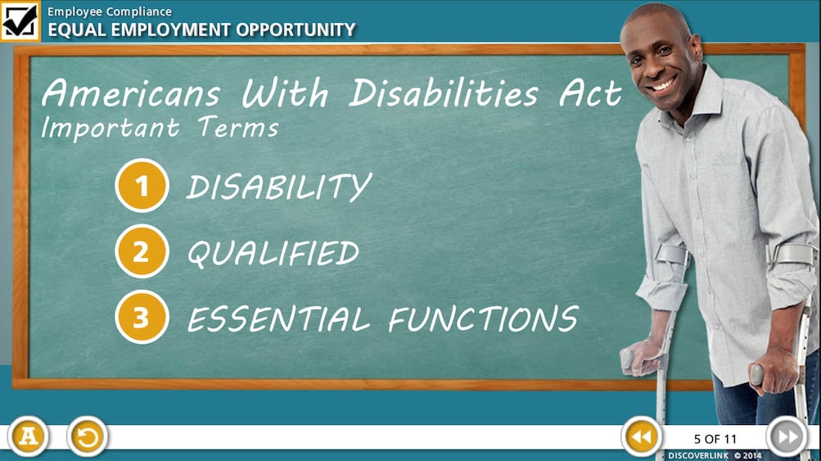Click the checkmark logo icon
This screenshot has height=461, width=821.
click(x=20, y=21)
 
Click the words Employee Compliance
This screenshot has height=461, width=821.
click(x=110, y=11)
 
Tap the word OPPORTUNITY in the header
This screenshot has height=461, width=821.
click(x=295, y=29)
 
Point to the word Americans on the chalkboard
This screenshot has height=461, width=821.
click(x=131, y=93)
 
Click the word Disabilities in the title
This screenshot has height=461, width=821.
click(x=444, y=93)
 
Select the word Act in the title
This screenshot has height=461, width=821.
click(x=590, y=93)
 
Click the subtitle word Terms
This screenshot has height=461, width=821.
click(x=238, y=127)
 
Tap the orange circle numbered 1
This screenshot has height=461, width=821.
click(x=142, y=185)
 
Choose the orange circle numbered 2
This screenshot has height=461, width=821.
click(x=142, y=251)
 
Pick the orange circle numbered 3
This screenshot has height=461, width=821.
click(x=142, y=317)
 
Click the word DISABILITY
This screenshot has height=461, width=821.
click(x=279, y=187)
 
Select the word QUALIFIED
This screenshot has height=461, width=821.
click(x=273, y=253)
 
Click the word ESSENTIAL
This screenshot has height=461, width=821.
click(x=278, y=319)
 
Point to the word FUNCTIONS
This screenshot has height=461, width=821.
click(x=483, y=319)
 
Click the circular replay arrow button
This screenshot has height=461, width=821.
click(x=88, y=436)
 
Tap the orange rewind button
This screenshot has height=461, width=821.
click(x=642, y=436)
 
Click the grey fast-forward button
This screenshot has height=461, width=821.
click(x=787, y=436)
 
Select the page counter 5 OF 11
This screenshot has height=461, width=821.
click(x=715, y=439)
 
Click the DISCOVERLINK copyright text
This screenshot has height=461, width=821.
click(x=715, y=456)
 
